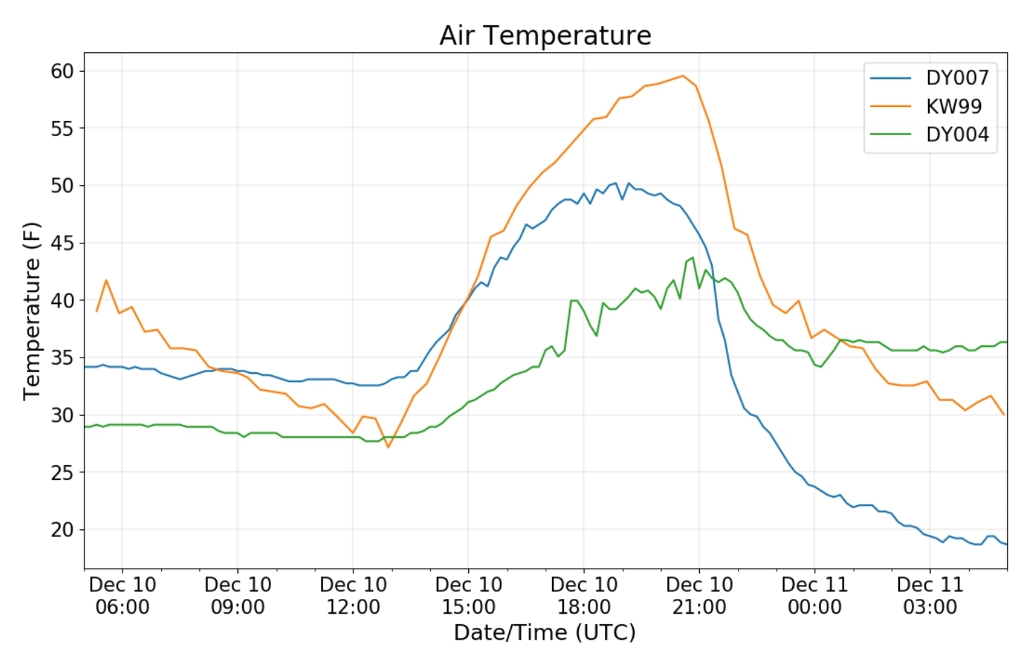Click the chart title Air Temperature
click(545, 35)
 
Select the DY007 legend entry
click(957, 77)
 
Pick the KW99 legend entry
click(953, 106)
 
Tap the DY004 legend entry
click(957, 134)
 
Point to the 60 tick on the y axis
click(62, 71)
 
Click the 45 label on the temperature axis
click(62, 243)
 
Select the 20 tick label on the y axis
click(62, 530)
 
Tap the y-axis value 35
click(62, 358)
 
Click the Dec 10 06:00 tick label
click(123, 595)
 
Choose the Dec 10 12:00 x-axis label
click(353, 595)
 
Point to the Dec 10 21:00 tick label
click(699, 595)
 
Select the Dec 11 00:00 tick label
click(815, 595)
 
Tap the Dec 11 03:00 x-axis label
click(930, 595)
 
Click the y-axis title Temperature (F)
click(32, 311)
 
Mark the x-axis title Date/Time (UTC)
click(544, 633)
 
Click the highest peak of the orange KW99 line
click(682, 76)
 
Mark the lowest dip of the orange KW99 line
click(388, 447)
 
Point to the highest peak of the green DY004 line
click(693, 258)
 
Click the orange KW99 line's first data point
click(96, 310)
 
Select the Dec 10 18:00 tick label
click(584, 595)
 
